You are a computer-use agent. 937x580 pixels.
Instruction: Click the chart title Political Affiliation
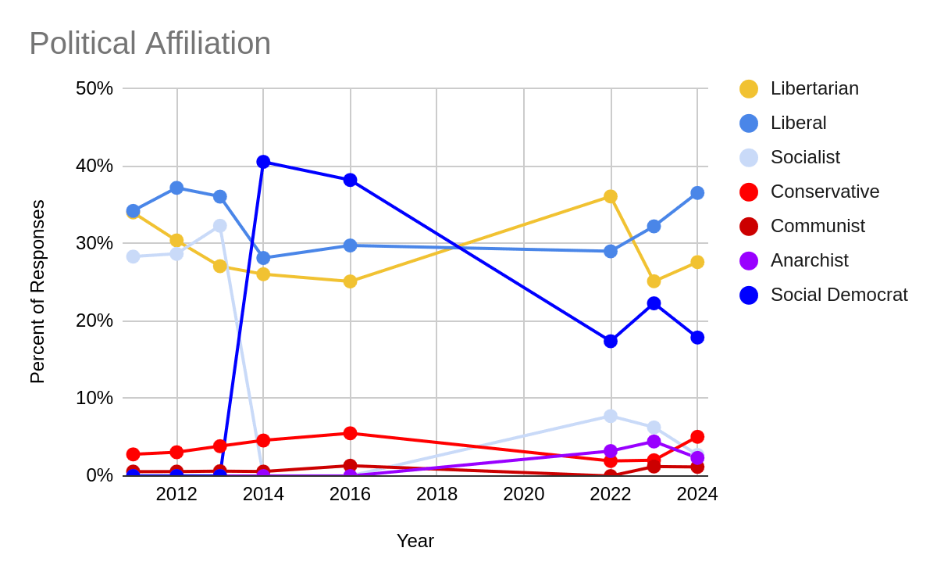[150, 44]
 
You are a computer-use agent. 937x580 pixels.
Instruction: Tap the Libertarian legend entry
[814, 88]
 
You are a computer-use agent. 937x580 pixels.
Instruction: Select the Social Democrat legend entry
[839, 295]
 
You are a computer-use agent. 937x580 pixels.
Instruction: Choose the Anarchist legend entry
[809, 260]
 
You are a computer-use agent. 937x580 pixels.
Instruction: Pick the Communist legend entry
[817, 226]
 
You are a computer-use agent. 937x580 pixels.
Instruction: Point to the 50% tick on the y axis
[94, 88]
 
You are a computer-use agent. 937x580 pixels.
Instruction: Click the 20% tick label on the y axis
[94, 320]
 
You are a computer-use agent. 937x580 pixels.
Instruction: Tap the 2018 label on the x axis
[436, 494]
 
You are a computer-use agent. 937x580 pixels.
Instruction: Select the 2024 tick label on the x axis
[697, 494]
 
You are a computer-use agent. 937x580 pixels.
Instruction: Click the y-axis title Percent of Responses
[37, 292]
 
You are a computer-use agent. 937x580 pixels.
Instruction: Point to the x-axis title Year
[415, 541]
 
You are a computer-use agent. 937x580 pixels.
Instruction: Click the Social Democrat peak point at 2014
[263, 162]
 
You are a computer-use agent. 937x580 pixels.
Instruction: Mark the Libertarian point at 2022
[611, 196]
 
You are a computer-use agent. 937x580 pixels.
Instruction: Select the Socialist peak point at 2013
[220, 226]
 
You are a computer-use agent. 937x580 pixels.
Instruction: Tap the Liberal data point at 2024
[697, 192]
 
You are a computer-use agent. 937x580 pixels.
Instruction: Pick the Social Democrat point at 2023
[654, 303]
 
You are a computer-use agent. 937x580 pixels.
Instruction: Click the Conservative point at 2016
[350, 433]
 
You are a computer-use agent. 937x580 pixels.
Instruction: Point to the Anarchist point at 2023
[654, 442]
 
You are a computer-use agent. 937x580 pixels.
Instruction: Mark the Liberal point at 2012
[176, 188]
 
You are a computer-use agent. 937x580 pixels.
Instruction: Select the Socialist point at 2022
[611, 416]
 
